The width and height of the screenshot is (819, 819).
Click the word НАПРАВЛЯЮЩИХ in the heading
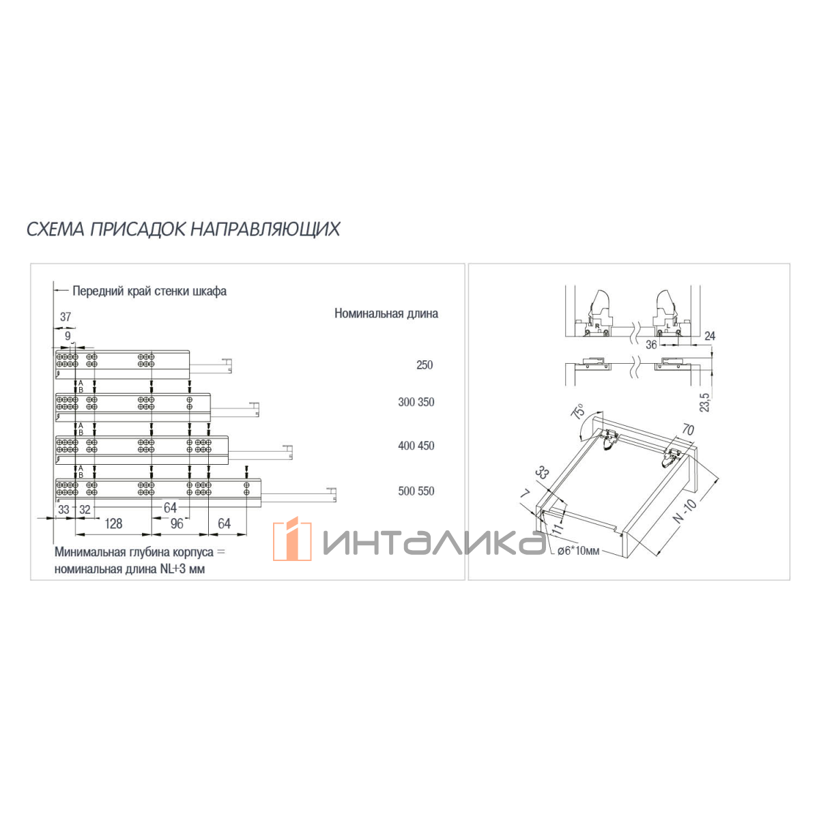tap(265, 229)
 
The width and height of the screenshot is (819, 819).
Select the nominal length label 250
tap(424, 365)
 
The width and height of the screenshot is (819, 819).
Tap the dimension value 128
tap(113, 523)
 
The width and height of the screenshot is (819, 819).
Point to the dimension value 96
tap(177, 523)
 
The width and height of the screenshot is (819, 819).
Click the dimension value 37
tap(66, 317)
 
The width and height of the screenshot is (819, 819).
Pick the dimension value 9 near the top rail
tap(68, 336)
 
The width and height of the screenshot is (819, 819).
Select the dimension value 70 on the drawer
tap(688, 430)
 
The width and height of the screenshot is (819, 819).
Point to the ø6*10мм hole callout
tap(579, 551)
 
